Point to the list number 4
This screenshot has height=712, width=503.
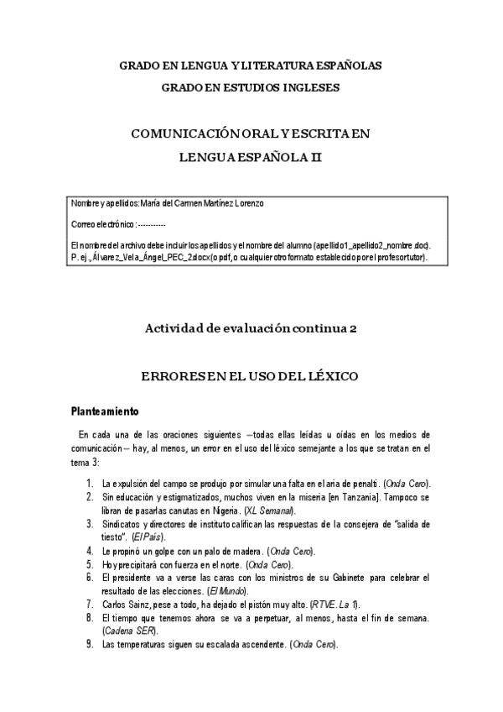click(x=89, y=550)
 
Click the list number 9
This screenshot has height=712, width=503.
click(x=89, y=644)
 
